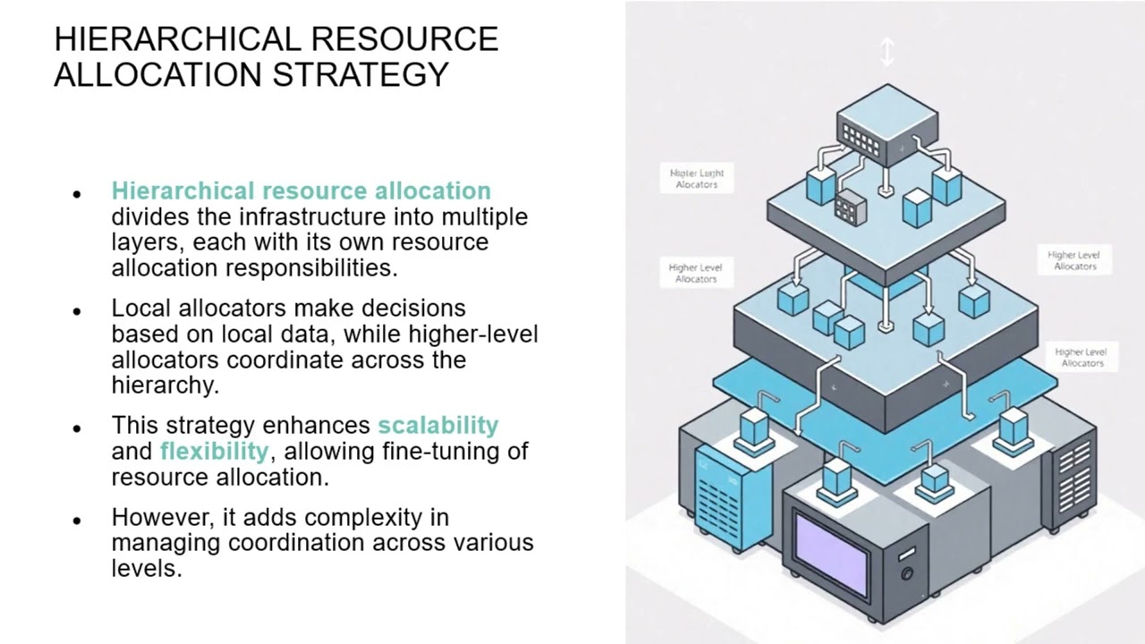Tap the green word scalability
437,425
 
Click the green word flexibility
214,451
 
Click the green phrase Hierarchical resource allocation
301,191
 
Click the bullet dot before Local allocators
78,311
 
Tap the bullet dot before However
78,520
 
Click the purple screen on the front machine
831,559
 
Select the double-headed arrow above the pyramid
886,52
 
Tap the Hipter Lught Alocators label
696,178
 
